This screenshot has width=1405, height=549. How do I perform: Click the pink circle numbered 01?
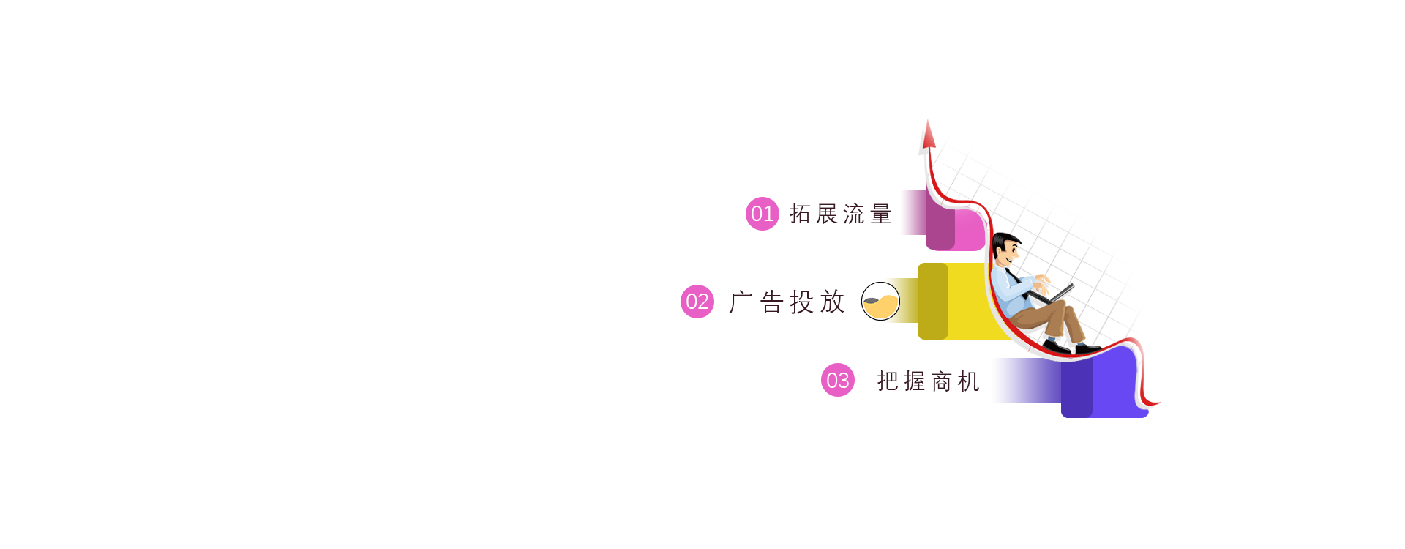763,214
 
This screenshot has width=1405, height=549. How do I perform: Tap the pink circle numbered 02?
697,302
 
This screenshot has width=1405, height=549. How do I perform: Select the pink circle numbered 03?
838,380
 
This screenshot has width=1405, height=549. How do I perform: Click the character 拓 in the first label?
800,214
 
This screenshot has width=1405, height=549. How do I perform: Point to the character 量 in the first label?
881,214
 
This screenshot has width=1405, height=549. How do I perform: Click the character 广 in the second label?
741,302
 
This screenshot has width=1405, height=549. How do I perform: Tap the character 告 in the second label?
772,302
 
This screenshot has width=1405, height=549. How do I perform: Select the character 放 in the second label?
833,302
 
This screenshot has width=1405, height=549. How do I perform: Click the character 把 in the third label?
888,381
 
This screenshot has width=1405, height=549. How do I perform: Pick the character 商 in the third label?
942,381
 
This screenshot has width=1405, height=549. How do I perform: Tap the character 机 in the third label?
969,381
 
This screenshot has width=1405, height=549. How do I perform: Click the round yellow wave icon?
880,301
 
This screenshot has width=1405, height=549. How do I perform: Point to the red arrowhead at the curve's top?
929,135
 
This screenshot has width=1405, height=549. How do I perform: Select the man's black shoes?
1072,347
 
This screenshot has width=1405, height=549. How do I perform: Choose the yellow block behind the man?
959,301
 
